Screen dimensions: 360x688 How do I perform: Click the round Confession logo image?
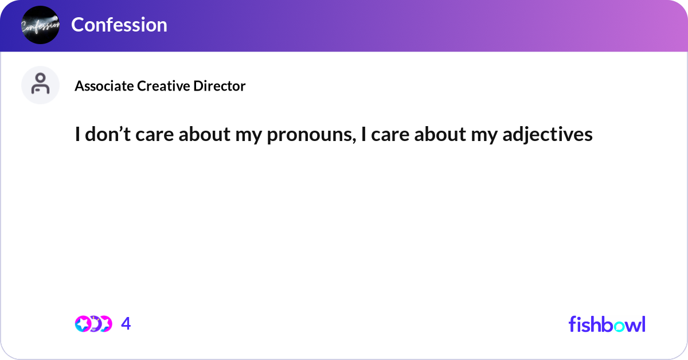click(40, 25)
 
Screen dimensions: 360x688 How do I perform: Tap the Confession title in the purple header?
click(119, 25)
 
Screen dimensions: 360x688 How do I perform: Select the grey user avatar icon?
click(40, 85)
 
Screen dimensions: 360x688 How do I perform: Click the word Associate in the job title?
click(104, 86)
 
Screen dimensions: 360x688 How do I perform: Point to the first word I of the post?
click(77, 134)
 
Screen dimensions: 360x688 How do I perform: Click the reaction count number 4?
click(126, 324)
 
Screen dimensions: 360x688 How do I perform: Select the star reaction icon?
click(83, 324)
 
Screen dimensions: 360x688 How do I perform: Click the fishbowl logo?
click(607, 324)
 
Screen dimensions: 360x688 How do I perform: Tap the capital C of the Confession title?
click(77, 25)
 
